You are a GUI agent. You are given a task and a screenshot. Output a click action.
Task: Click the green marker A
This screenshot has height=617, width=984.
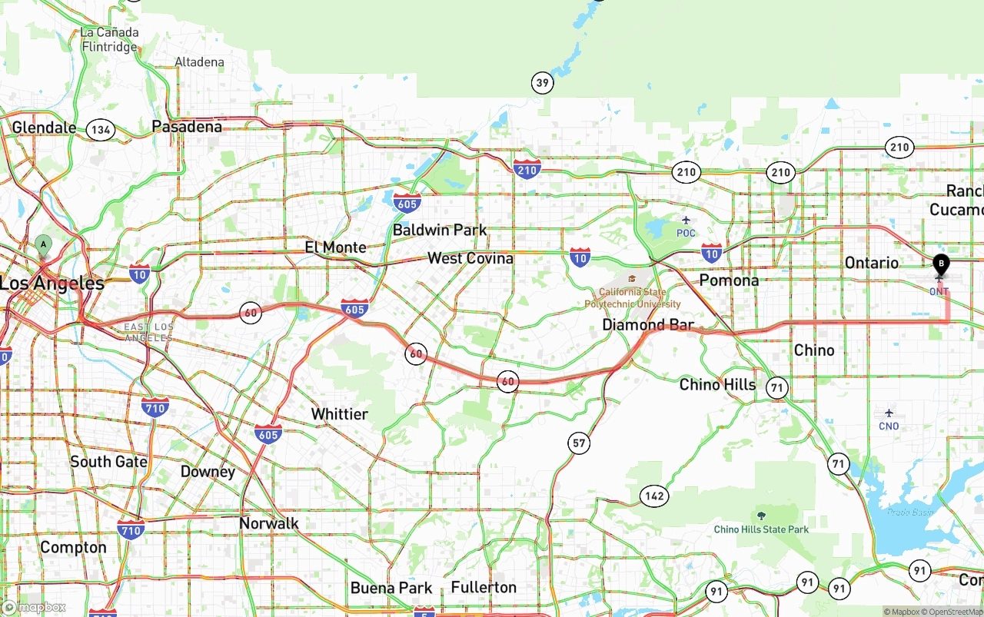[x=43, y=246]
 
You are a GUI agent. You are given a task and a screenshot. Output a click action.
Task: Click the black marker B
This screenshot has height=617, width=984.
[x=940, y=265]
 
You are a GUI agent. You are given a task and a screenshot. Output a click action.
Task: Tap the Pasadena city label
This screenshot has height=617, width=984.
[x=187, y=126]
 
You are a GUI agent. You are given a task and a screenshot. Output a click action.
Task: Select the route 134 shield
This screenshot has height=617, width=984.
[x=101, y=130]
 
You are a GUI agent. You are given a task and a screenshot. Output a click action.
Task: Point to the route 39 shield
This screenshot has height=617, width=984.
[x=542, y=83]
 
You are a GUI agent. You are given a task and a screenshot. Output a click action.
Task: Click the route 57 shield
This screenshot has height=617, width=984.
[x=579, y=443]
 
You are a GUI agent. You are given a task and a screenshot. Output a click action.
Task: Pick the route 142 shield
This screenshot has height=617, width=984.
[x=654, y=496]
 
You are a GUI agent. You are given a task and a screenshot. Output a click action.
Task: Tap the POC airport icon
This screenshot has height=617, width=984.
[x=686, y=221]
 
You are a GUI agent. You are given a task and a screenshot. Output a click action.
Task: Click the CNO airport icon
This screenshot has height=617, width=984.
[x=889, y=413]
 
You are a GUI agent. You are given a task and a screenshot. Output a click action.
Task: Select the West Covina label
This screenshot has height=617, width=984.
[x=470, y=258]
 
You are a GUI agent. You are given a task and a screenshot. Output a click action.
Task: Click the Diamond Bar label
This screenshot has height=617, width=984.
[x=647, y=325]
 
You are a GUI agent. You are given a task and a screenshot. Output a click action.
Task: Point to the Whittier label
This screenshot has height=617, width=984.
[x=339, y=414]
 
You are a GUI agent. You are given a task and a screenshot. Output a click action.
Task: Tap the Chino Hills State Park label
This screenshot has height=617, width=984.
[x=761, y=529]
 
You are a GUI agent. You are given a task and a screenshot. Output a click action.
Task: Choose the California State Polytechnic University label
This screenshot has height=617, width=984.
[x=632, y=297]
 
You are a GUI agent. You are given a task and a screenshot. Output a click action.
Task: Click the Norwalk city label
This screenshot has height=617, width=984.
[x=269, y=523]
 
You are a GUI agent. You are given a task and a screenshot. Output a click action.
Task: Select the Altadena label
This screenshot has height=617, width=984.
[x=199, y=62]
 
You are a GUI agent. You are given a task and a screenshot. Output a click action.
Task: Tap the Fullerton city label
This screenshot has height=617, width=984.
[x=484, y=587]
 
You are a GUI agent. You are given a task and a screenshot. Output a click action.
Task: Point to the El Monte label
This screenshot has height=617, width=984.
[x=335, y=247]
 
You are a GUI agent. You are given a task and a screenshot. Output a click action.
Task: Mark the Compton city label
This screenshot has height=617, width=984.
[x=73, y=547]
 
